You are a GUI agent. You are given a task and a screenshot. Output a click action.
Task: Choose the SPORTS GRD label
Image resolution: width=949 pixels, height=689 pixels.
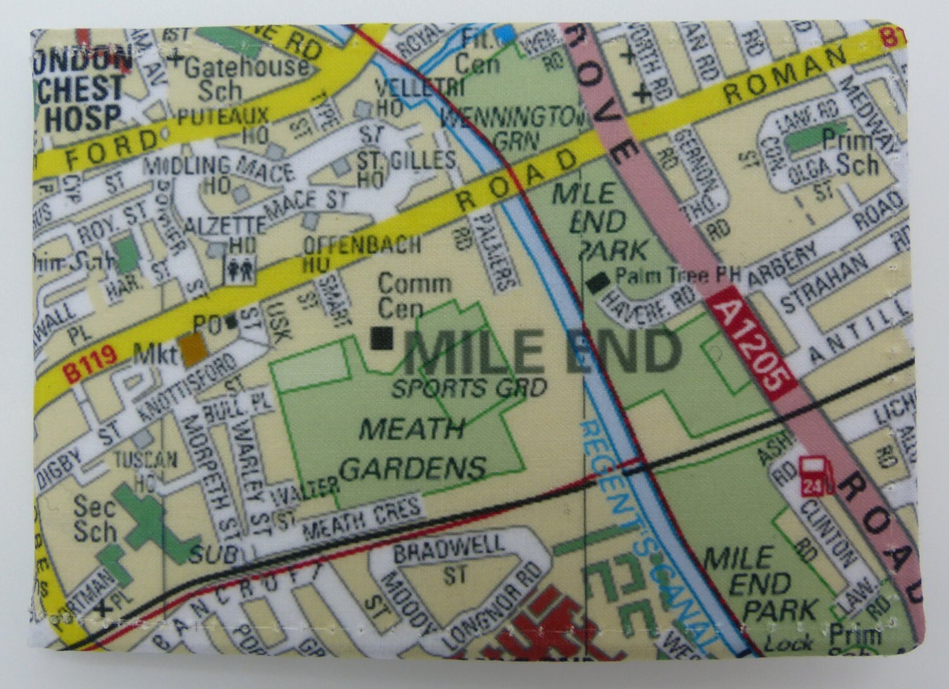coord(469,387)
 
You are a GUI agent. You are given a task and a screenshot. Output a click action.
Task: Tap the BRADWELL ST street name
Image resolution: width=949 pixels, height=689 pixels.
coord(449,557)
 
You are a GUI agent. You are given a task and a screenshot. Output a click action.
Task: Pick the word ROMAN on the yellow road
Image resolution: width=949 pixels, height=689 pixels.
coord(785,78)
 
